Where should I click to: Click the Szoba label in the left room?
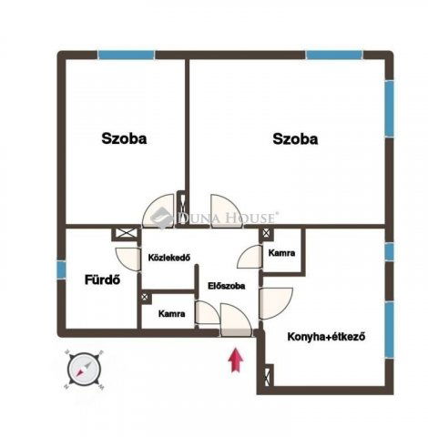(124, 139)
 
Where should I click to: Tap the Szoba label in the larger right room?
(295, 139)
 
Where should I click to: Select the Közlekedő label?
(168, 258)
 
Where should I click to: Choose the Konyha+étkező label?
(326, 336)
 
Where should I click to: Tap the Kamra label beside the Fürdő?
(171, 313)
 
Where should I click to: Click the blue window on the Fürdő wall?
(61, 270)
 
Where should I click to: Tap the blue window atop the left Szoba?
(126, 55)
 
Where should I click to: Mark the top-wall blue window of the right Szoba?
(333, 55)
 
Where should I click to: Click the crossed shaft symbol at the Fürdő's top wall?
(122, 234)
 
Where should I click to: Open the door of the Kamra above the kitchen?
(250, 256)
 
